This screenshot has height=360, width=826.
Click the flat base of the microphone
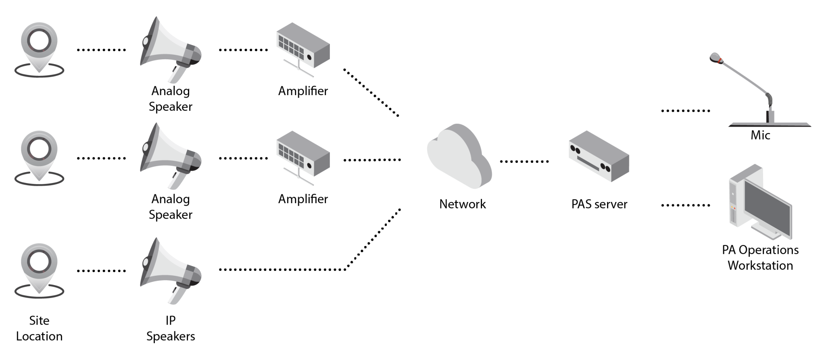770,125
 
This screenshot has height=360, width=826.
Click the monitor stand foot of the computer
768,233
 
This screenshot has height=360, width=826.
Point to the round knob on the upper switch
309,57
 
